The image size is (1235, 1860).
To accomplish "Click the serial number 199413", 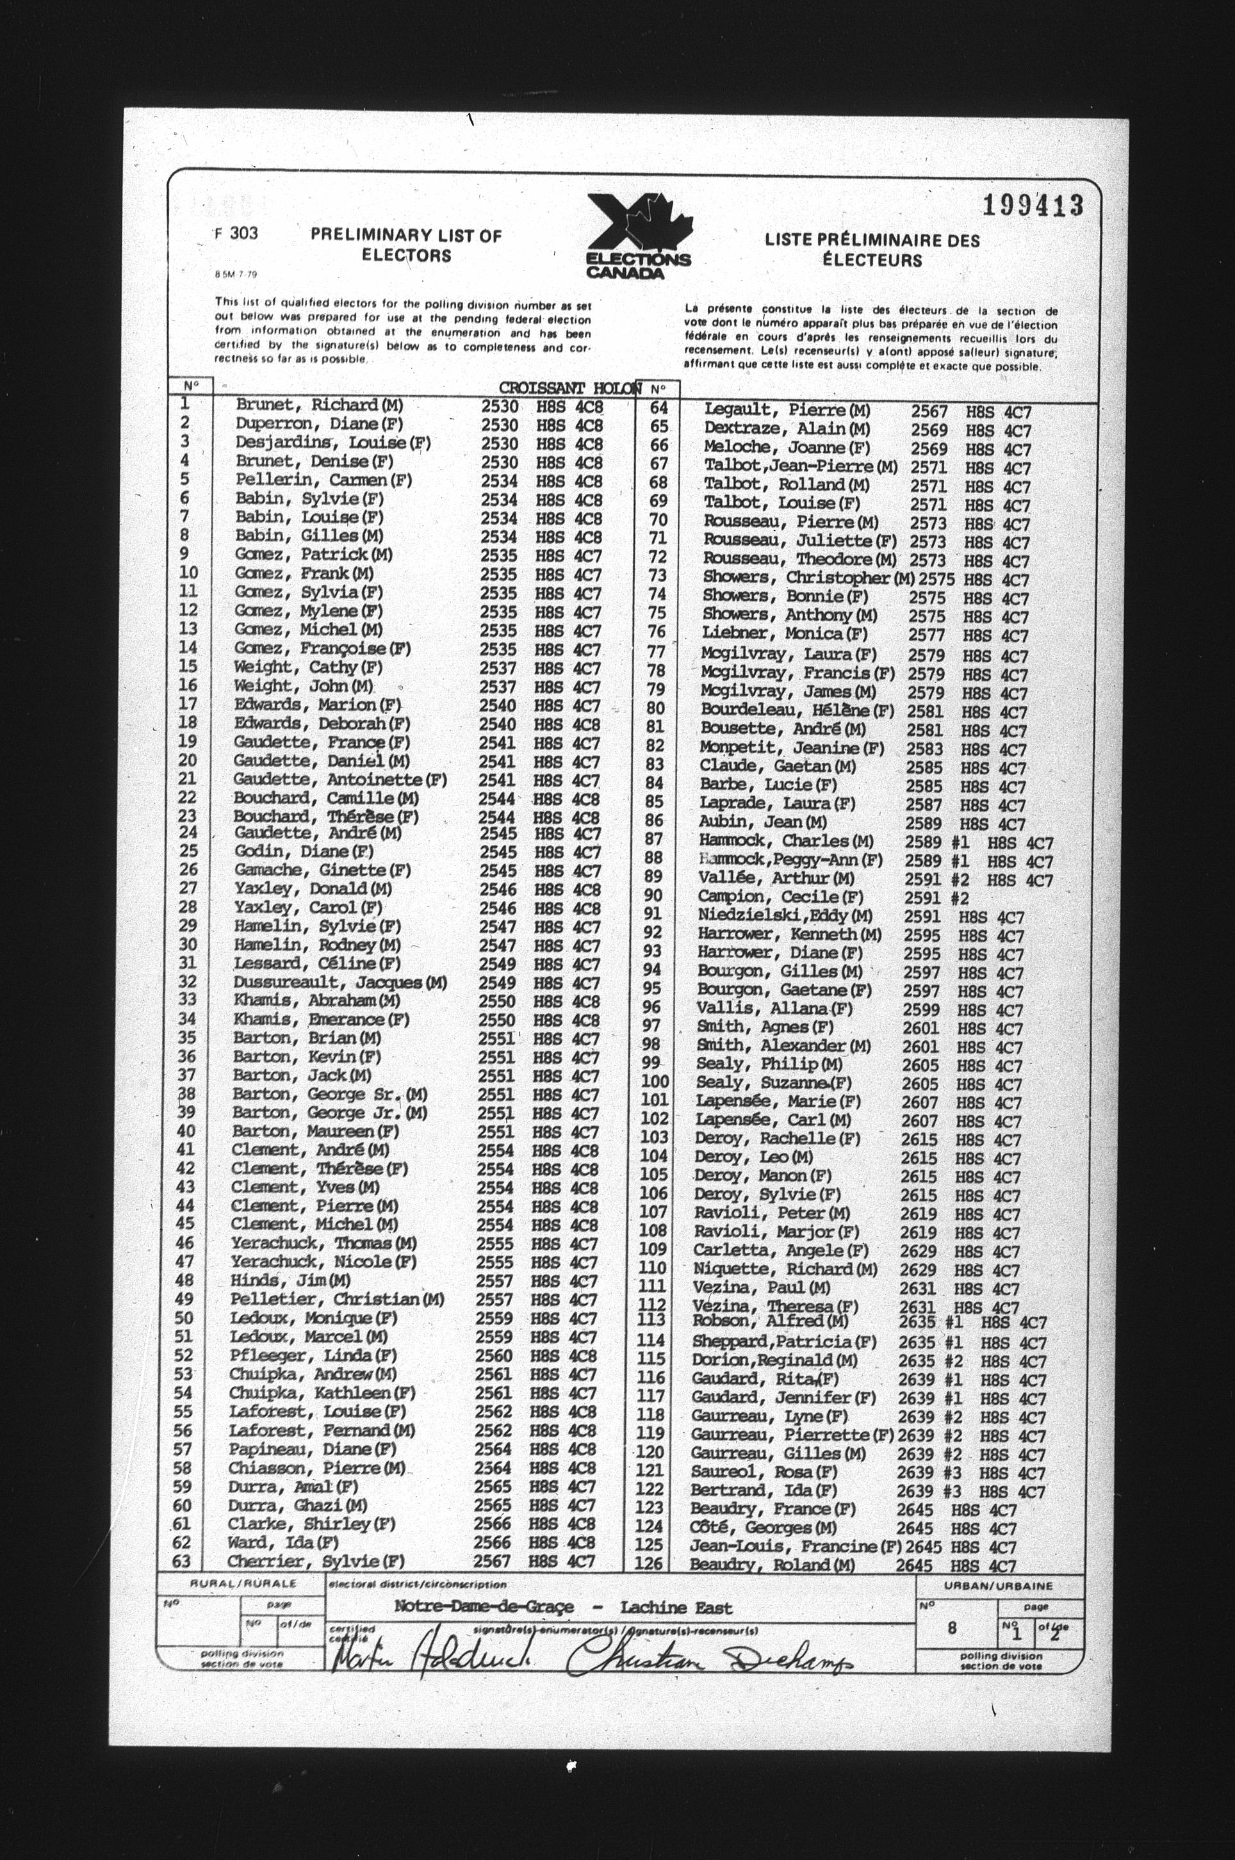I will tap(1033, 206).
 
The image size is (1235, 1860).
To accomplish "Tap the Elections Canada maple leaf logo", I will tap(639, 234).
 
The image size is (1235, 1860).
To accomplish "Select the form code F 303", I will tap(236, 233).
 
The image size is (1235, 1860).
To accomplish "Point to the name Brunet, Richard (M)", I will tap(319, 405).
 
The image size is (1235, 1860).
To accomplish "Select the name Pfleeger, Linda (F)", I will tap(313, 1355).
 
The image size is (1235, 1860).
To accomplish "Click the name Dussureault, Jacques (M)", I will tap(339, 983).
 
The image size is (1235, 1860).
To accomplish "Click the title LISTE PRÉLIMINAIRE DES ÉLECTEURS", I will tap(872, 250).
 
